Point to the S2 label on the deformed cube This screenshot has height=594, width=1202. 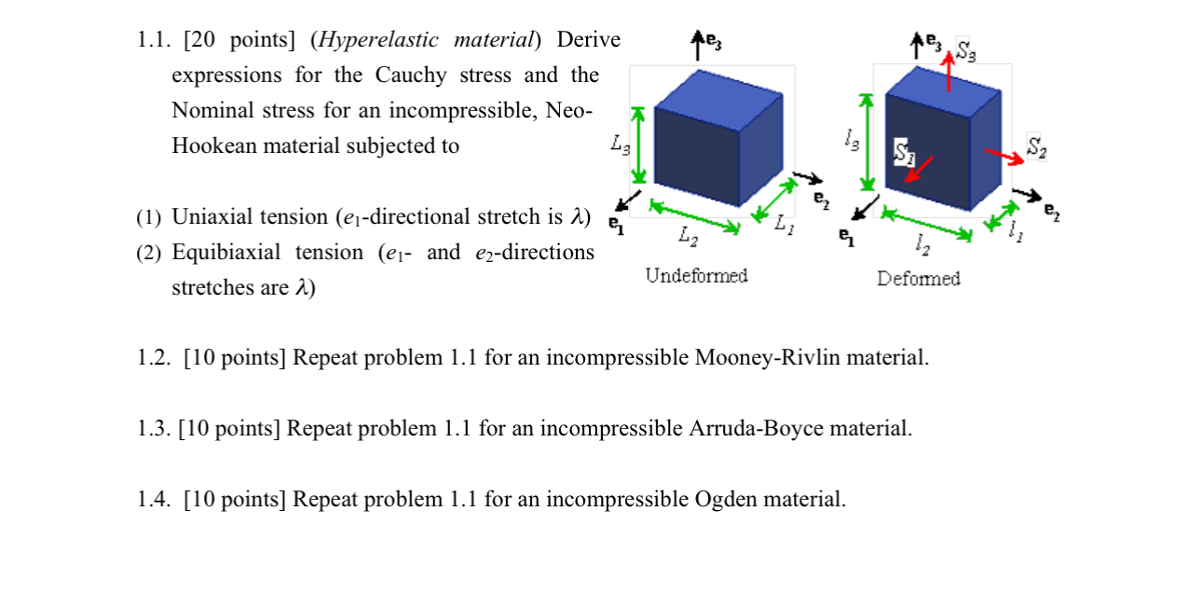(1036, 146)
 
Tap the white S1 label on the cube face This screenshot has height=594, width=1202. (902, 152)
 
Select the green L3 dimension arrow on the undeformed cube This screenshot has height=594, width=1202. (638, 145)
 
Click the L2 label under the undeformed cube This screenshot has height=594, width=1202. (688, 239)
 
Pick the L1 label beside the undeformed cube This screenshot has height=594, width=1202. (785, 223)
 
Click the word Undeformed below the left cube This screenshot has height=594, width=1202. (696, 275)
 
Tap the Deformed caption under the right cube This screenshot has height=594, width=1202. (918, 278)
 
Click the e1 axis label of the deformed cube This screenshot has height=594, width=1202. (845, 236)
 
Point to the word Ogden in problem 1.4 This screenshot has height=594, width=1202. (726, 500)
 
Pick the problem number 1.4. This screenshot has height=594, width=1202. (153, 500)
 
